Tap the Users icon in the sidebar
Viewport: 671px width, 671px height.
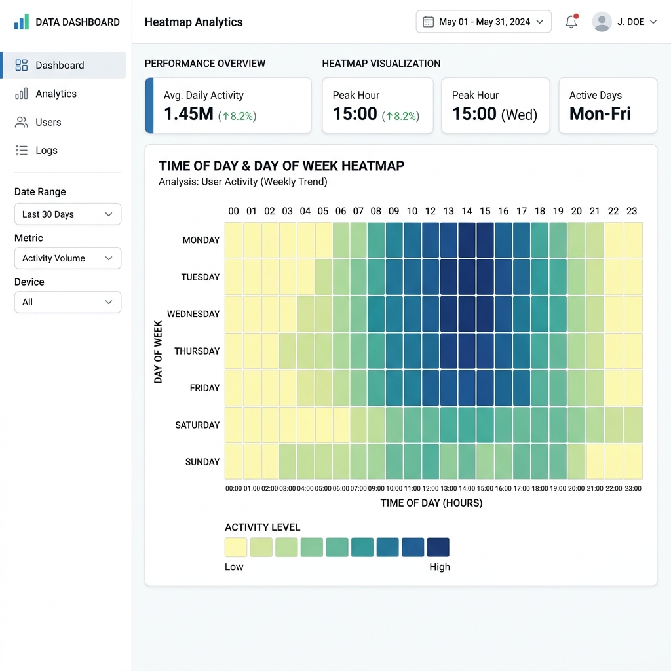click(21, 122)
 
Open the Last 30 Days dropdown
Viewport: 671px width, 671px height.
click(67, 214)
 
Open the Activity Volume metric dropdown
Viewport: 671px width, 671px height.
click(67, 258)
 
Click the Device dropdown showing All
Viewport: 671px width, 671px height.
click(67, 302)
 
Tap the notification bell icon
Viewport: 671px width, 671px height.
click(571, 22)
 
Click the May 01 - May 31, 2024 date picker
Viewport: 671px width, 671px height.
click(484, 22)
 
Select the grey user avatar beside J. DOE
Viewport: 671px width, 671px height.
click(602, 22)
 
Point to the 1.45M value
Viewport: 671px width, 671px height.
click(189, 114)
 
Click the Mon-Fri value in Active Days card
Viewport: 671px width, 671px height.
click(600, 114)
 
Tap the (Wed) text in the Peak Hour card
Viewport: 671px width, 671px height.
click(519, 115)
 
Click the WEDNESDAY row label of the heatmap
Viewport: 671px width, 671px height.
click(193, 314)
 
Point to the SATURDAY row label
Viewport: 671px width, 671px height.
click(197, 425)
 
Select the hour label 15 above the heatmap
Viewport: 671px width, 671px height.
click(485, 211)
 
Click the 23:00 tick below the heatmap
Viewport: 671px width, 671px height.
click(633, 488)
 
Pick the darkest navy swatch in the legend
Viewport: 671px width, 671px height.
click(438, 547)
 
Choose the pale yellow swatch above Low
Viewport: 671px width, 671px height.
click(236, 547)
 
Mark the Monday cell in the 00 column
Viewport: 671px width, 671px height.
click(234, 240)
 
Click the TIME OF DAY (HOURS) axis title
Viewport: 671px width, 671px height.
click(431, 503)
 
